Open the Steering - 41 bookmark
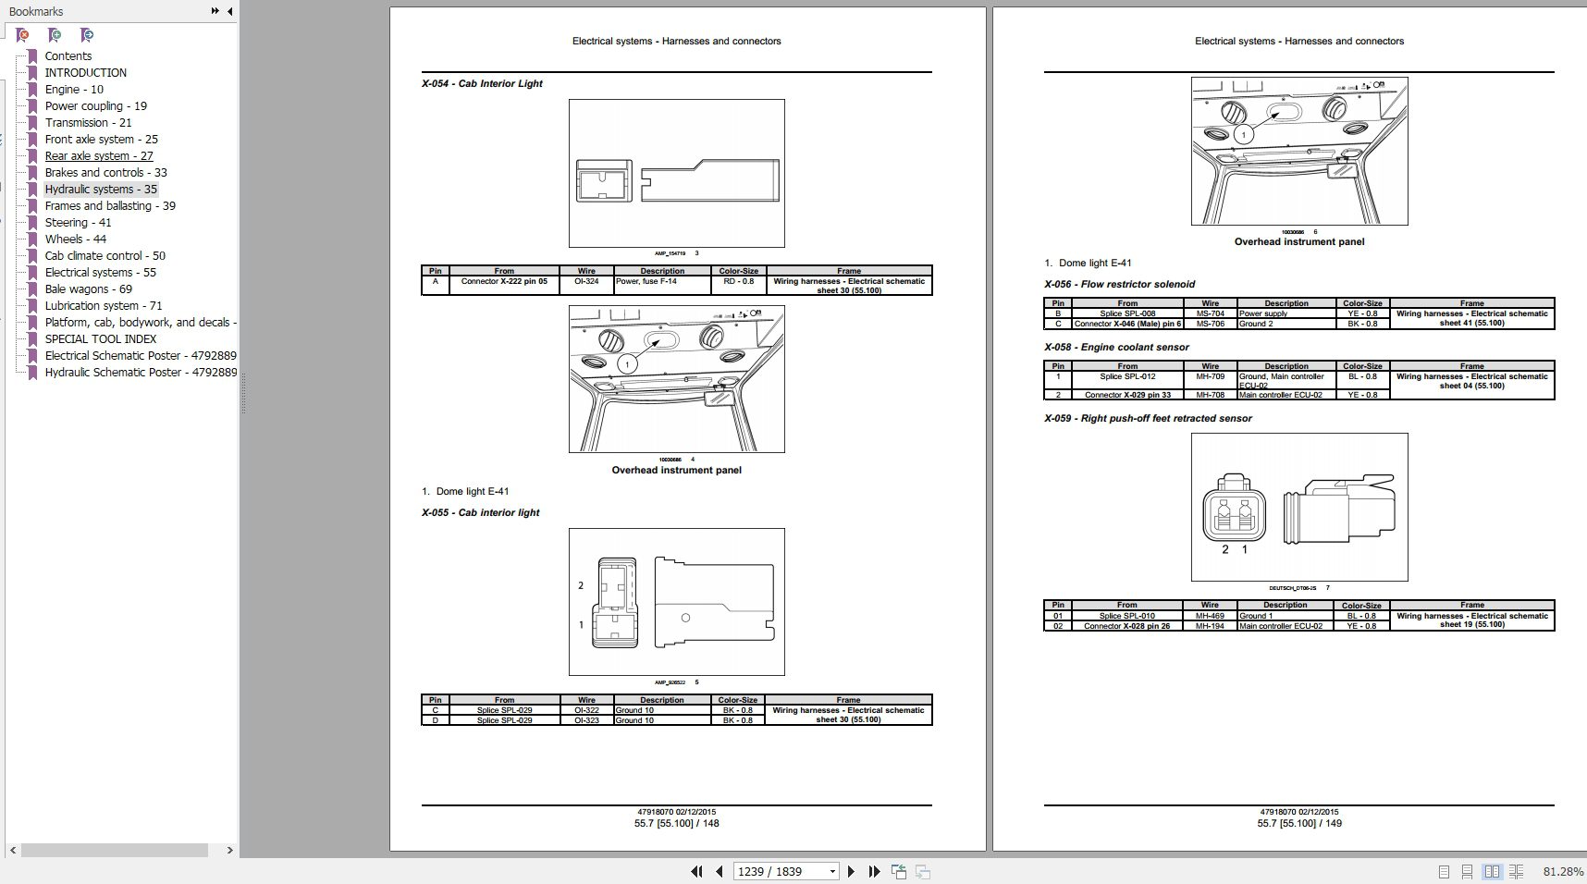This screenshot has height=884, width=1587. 78,223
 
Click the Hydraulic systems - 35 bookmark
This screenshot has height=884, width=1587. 101,190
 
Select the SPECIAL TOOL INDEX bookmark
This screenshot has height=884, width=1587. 101,339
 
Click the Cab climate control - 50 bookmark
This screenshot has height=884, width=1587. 105,256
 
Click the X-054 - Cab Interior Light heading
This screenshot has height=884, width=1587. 482,84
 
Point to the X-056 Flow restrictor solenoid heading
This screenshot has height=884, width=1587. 1119,285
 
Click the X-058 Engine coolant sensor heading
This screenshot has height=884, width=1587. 1116,348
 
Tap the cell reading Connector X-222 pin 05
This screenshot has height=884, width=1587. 504,282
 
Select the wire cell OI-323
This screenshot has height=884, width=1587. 586,720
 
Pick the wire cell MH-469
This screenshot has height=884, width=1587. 1209,616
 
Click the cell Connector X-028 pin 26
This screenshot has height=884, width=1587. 1126,626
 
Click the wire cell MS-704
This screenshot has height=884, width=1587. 1210,313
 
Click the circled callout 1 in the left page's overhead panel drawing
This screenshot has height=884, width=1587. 627,364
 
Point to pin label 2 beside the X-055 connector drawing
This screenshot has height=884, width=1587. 581,585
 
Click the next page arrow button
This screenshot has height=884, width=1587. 852,871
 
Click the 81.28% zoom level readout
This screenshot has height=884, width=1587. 1563,871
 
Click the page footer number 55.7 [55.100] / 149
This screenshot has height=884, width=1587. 1298,823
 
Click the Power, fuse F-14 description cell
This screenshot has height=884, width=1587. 646,282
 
